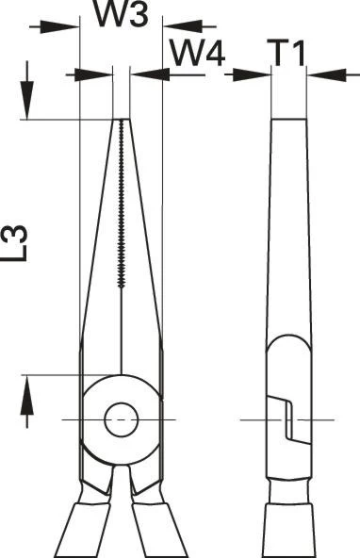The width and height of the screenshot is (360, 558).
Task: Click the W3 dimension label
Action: point(121,14)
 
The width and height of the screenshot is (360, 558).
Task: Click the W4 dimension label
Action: point(198,54)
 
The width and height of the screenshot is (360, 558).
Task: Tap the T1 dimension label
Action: point(288,54)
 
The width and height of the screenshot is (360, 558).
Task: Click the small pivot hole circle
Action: point(121,420)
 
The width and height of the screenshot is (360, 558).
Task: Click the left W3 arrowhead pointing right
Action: point(59,26)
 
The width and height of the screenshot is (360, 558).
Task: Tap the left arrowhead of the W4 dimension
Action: point(93,74)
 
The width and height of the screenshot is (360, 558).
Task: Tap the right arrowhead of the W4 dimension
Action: point(150,74)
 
